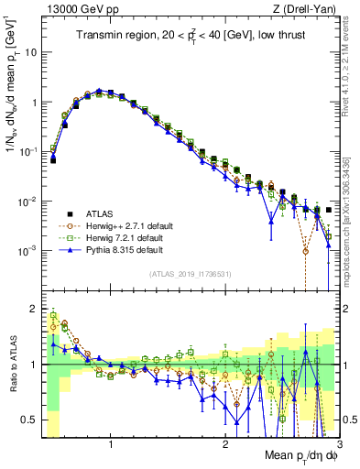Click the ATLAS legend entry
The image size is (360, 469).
[x=97, y=210]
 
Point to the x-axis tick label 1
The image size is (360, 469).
[x=111, y=446]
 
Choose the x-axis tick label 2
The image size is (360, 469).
[x=225, y=446]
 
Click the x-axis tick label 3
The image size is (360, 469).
[x=338, y=446]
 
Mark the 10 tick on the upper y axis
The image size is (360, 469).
[x=30, y=52]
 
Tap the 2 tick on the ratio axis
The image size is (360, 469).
[x=33, y=309]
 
